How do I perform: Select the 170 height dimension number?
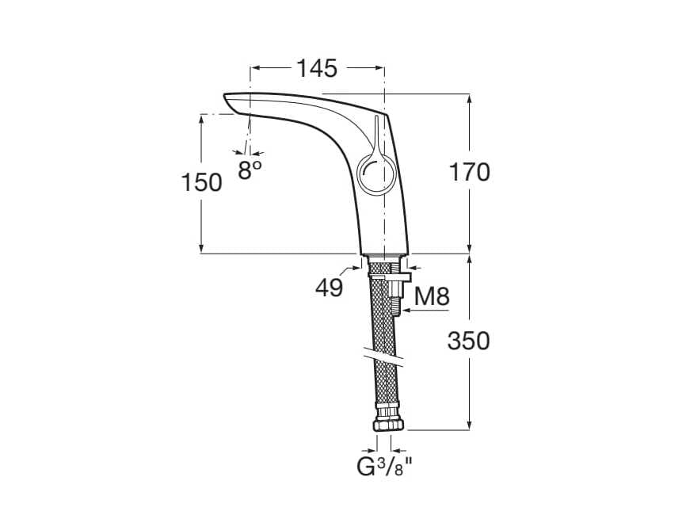470,171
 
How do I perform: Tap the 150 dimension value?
202,182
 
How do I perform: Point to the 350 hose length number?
469,341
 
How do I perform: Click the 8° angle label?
250,169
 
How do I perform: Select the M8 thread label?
433,297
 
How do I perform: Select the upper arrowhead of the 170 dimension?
470,99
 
